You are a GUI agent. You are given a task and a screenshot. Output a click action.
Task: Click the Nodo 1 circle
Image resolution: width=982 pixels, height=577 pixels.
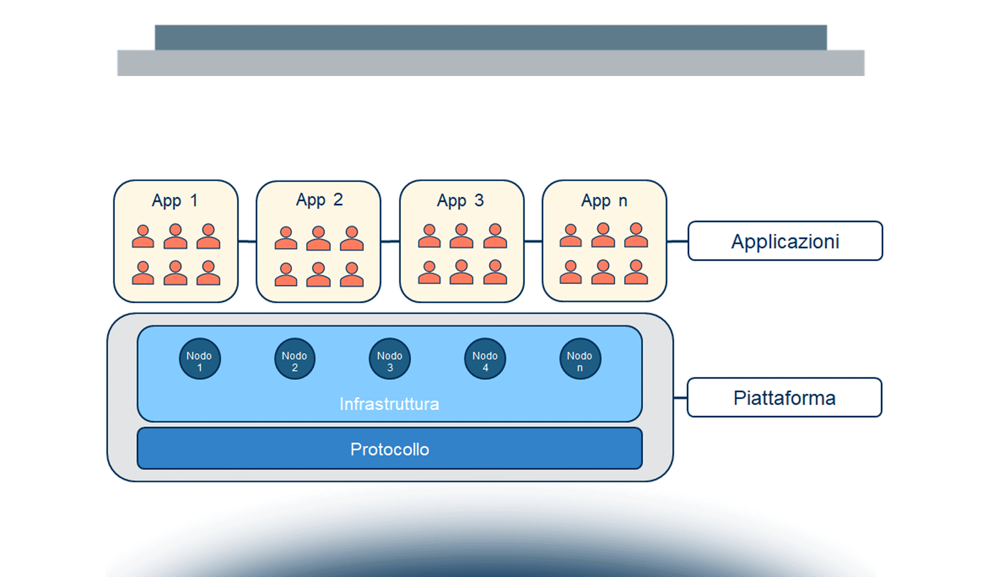pyautogui.click(x=200, y=359)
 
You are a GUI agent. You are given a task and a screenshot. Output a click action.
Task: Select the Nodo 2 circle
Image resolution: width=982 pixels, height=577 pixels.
pyautogui.click(x=295, y=359)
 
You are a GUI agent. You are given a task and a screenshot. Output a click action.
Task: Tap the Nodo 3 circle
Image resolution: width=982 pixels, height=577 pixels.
pyautogui.click(x=390, y=359)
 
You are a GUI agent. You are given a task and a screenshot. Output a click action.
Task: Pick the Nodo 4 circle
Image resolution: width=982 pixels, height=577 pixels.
pyautogui.click(x=485, y=359)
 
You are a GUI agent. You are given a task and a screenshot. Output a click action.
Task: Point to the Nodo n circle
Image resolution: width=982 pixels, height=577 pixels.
pyautogui.click(x=580, y=359)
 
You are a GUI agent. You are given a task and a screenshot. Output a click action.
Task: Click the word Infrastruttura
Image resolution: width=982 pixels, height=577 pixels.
pyautogui.click(x=389, y=404)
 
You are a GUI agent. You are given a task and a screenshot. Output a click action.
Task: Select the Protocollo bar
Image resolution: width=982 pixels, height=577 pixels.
pyautogui.click(x=390, y=449)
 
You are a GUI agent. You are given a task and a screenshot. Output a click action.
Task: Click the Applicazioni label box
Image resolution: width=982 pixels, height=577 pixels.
pyautogui.click(x=786, y=241)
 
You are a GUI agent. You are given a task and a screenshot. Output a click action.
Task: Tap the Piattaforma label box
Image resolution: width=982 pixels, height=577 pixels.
pyautogui.click(x=785, y=398)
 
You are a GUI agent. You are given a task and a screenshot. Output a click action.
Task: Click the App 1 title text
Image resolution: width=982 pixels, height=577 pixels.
pyautogui.click(x=175, y=201)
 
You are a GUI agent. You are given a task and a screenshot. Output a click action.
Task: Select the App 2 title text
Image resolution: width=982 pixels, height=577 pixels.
pyautogui.click(x=319, y=200)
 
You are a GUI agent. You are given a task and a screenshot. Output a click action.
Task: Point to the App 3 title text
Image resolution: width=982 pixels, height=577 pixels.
pyautogui.click(x=460, y=201)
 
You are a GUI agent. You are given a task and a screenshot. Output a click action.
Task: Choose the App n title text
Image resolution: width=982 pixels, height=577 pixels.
pyautogui.click(x=604, y=201)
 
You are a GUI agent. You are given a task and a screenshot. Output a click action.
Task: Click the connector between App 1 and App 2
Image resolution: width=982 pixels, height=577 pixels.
pyautogui.click(x=247, y=241)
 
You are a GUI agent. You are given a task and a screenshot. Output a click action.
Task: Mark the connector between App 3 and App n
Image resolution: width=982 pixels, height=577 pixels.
pyautogui.click(x=533, y=241)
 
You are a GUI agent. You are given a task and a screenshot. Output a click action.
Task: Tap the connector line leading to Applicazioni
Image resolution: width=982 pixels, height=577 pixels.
pyautogui.click(x=678, y=241)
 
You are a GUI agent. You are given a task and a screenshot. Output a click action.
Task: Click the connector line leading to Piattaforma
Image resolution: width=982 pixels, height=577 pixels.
pyautogui.click(x=680, y=398)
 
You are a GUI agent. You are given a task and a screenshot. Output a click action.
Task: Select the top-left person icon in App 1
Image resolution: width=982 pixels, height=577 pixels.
pyautogui.click(x=143, y=237)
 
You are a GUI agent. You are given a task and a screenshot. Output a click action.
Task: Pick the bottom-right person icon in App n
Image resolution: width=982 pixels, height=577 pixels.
pyautogui.click(x=636, y=272)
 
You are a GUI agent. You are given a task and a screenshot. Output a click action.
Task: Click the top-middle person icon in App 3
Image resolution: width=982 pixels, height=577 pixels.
pyautogui.click(x=461, y=236)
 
